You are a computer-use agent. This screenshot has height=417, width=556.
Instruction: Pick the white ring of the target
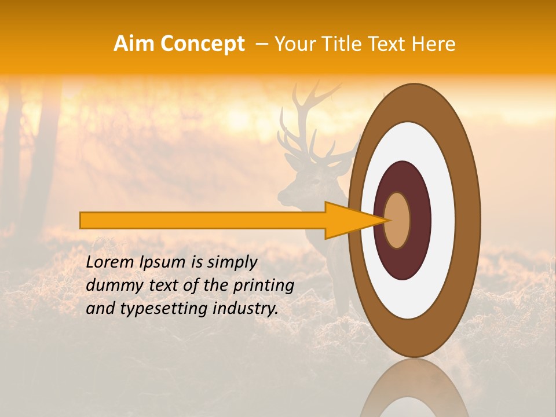[x=443, y=220]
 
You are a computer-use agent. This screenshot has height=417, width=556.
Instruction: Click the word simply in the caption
[x=232, y=262]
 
